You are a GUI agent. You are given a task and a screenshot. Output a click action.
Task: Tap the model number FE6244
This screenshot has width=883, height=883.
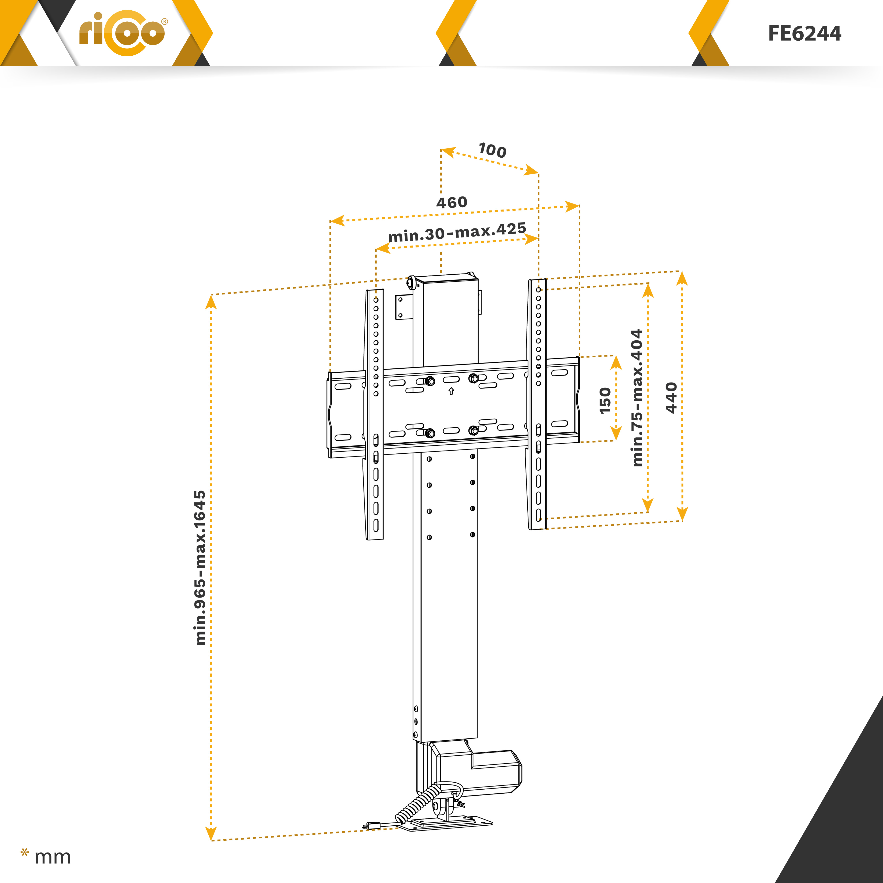click(x=804, y=33)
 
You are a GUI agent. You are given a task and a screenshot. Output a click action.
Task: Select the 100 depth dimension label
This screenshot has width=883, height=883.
click(x=492, y=150)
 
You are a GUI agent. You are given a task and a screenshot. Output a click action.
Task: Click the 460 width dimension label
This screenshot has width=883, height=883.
click(x=452, y=202)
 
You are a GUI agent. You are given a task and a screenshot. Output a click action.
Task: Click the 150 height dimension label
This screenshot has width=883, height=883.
click(x=605, y=400)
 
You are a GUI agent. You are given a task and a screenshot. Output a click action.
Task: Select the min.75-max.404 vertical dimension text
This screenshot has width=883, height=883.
click(x=637, y=398)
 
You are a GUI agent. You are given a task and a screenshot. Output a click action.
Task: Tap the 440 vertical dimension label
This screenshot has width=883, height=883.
click(x=671, y=398)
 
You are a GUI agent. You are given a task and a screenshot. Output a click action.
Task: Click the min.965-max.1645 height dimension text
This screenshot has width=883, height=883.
click(x=200, y=568)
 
